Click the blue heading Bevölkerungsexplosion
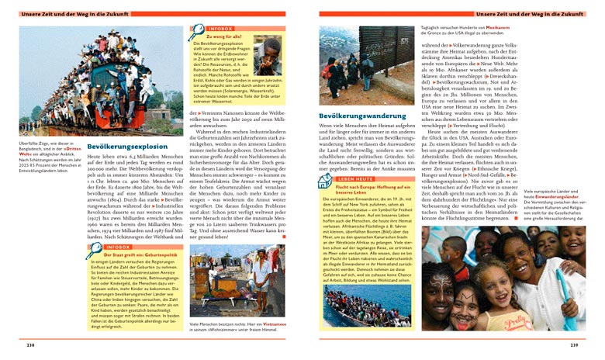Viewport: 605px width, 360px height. coord(127,146)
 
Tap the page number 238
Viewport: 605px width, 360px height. coord(30,344)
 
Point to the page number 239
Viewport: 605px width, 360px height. coord(574,344)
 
